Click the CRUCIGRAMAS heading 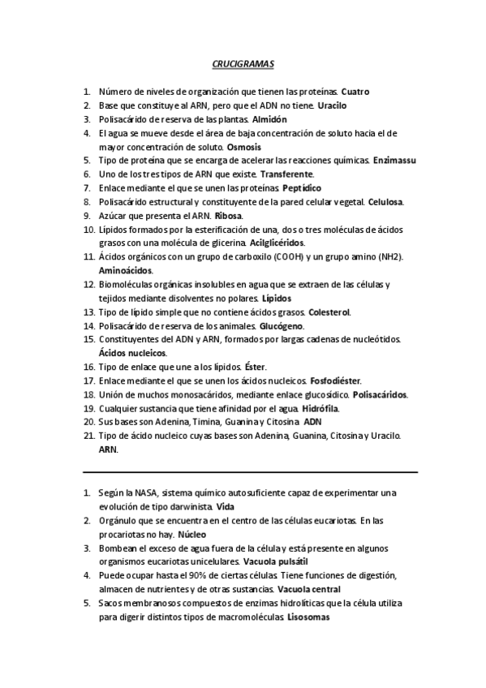[x=243, y=62]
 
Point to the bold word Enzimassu [x=394, y=161]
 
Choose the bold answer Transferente [x=290, y=174]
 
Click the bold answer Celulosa [x=385, y=202]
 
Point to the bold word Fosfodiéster [x=336, y=381]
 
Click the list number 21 [x=89, y=436]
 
